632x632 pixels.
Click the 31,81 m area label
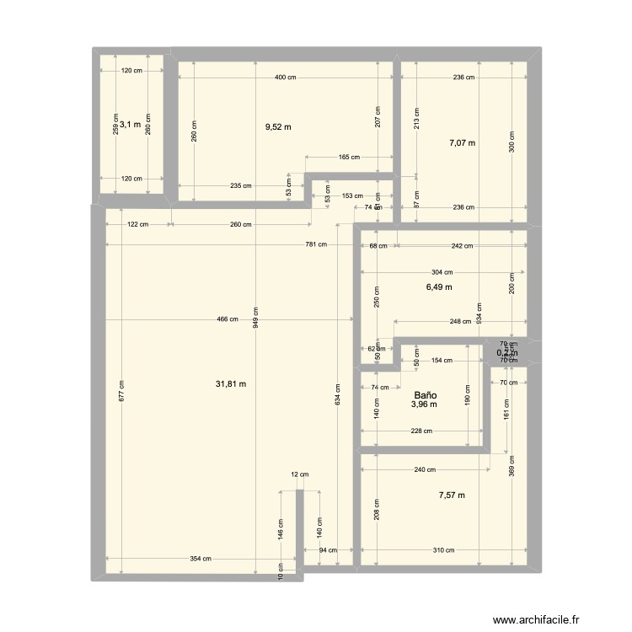[x=231, y=383]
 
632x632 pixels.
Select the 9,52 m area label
[x=278, y=127]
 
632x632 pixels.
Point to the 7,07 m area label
[x=462, y=143]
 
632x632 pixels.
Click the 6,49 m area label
[x=439, y=287]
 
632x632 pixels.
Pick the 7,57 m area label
[x=452, y=495]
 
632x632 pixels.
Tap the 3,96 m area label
[x=424, y=404]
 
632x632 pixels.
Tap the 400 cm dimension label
[x=285, y=78]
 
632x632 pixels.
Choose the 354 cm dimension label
[x=201, y=559]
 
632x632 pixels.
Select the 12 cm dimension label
[x=296, y=474]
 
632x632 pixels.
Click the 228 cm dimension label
[x=422, y=431]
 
